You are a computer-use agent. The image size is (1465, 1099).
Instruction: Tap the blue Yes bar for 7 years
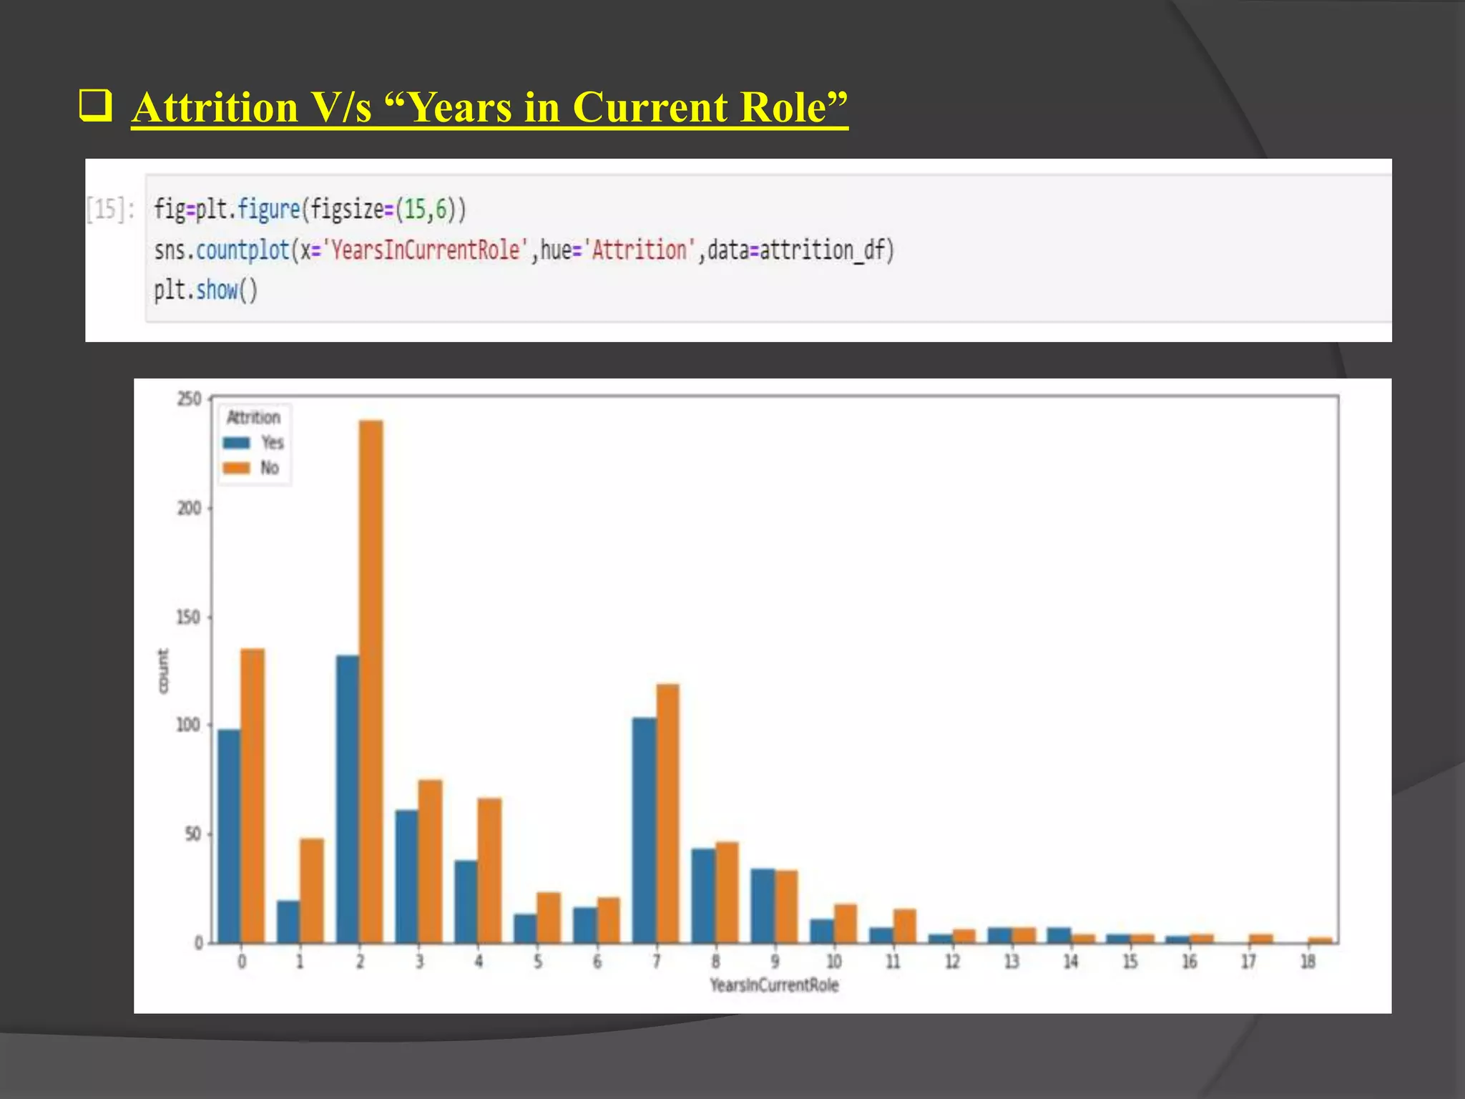coord(644,830)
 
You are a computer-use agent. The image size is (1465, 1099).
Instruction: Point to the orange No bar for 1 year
coord(312,890)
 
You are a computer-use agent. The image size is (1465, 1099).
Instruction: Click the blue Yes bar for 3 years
coord(407,876)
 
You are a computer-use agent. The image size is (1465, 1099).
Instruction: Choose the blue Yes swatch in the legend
coord(237,443)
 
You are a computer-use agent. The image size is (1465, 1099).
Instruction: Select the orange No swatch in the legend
coord(237,468)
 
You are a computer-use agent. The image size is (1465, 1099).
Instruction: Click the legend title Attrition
coord(253,417)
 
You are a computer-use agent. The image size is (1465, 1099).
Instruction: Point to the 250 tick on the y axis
coord(190,399)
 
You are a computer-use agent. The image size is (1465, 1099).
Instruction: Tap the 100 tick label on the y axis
coord(188,725)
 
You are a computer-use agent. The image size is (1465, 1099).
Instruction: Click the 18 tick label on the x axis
coord(1308,962)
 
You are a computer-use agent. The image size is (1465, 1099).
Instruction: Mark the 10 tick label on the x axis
coord(834,962)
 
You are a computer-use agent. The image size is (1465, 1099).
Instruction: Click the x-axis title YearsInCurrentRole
coord(774,985)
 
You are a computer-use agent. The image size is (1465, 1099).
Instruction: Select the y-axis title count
coord(163,671)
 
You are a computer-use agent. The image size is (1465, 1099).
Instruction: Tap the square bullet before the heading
coord(96,106)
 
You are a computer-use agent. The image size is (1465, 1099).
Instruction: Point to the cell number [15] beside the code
coord(109,210)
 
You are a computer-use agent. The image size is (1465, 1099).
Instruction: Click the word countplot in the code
coord(242,250)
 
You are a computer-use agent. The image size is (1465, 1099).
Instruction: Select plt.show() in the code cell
coord(205,290)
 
